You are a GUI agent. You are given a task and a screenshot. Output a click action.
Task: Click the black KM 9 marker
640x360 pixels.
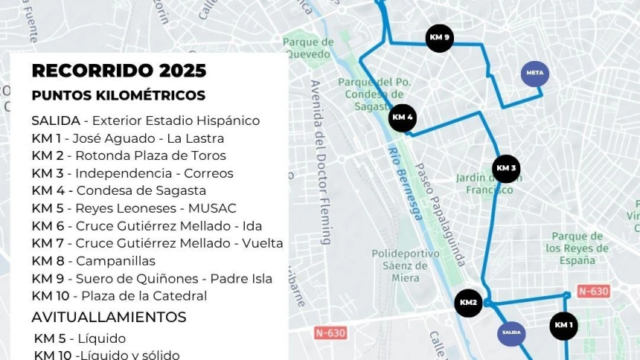pos(439,38)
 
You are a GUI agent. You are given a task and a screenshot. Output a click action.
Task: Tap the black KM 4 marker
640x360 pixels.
pos(403,118)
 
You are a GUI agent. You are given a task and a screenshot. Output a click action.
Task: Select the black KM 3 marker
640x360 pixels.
pos(506,168)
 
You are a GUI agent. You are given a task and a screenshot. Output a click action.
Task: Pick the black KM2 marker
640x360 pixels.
pos(468,303)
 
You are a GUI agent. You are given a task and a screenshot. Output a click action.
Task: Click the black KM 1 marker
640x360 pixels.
pos(563,325)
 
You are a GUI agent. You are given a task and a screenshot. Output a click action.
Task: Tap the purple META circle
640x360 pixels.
pos(534,73)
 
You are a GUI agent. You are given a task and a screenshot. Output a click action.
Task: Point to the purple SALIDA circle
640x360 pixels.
pos(511,332)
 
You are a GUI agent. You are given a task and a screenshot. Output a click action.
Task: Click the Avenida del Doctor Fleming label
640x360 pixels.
pos(320,161)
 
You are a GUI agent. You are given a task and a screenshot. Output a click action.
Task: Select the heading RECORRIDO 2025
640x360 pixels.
pos(119,71)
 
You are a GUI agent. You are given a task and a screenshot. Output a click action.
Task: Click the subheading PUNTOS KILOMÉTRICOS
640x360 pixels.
pos(118,96)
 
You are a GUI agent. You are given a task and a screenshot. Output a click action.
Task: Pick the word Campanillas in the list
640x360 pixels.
pos(115,260)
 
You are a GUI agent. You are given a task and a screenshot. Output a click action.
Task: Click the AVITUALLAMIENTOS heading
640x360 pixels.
pos(109,317)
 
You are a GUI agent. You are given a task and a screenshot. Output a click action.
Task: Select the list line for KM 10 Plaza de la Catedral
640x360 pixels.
pos(119,296)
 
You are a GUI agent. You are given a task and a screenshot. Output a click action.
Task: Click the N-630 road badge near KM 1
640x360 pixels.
pos(593,291)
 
